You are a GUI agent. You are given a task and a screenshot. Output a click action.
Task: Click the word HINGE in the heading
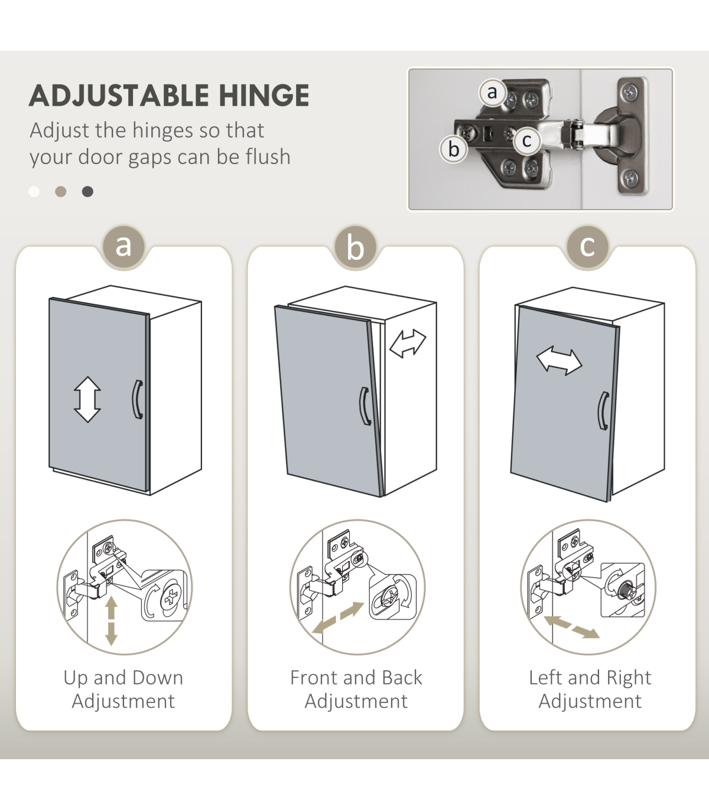264,96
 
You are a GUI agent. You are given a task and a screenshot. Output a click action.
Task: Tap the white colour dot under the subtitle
34,192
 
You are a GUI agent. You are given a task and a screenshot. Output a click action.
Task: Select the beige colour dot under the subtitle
61,192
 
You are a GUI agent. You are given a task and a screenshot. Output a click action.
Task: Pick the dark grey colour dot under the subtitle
87,192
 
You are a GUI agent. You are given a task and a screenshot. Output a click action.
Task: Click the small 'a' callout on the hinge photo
492,93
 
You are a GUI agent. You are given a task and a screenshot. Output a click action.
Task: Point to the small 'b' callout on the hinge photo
454,149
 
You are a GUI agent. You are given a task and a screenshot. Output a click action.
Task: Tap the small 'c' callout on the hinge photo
527,141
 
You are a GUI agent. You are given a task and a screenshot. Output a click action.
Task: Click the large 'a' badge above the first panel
123,246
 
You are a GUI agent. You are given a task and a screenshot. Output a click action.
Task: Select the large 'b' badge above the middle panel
355,247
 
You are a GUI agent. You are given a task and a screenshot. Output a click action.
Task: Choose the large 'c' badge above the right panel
587,246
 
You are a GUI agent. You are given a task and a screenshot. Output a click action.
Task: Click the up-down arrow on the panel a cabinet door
87,400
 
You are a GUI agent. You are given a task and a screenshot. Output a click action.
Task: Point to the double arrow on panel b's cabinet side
408,343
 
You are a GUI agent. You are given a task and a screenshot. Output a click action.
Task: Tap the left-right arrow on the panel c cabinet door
560,360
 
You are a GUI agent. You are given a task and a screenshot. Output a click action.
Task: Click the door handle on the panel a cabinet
138,400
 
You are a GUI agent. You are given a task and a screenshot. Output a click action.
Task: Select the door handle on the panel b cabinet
365,406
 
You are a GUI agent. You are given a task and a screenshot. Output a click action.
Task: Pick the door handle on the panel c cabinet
603,410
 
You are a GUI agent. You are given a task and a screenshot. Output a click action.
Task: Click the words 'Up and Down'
123,677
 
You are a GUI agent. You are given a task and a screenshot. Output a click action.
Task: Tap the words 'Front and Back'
356,677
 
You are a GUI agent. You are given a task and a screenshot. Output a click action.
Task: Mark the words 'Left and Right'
590,678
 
